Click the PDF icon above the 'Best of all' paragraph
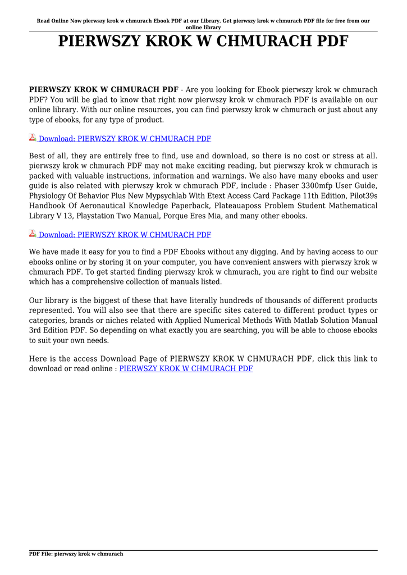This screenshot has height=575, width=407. (33, 138)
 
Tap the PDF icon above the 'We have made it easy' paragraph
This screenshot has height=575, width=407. (33, 234)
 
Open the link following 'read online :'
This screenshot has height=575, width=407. (186, 369)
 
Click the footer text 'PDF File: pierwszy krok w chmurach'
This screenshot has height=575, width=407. (76, 554)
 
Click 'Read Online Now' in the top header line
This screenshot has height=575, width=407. (53, 21)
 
